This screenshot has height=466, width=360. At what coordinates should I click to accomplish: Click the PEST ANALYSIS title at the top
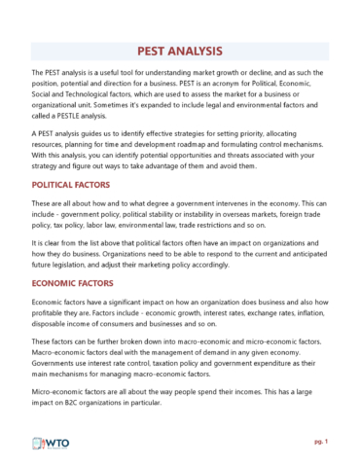pos(180,51)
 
